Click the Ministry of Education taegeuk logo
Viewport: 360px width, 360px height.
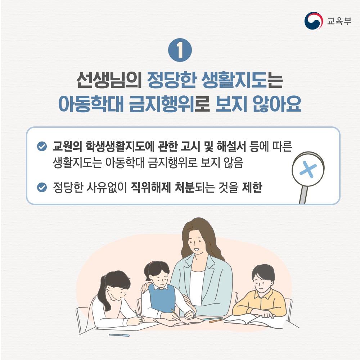[x=312, y=21]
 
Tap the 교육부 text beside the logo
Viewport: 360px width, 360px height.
[x=339, y=21]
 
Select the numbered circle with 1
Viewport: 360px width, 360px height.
[x=180, y=50]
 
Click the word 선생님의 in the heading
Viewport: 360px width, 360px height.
[x=109, y=80]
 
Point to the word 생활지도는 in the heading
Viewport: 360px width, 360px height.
[x=242, y=80]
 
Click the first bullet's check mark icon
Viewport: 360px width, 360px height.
[x=42, y=146]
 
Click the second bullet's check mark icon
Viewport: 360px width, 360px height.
[x=42, y=187]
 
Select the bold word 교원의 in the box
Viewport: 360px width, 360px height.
[x=67, y=146]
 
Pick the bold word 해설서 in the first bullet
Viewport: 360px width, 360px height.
[x=231, y=146]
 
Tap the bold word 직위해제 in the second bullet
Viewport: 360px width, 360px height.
[x=150, y=187]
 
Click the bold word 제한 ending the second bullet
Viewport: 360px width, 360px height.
[x=252, y=187]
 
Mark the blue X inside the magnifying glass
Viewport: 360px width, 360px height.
[x=308, y=170]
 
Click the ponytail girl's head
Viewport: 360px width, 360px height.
[x=116, y=285]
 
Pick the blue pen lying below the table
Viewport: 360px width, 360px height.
[x=119, y=335]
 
